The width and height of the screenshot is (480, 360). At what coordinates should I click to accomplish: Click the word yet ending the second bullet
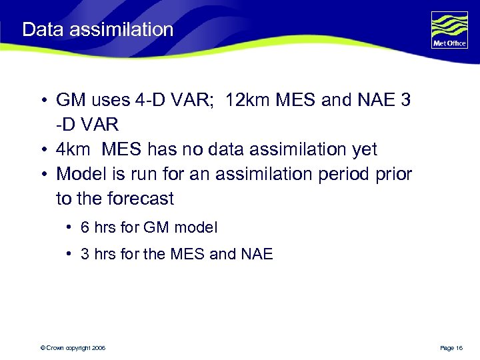click(x=363, y=150)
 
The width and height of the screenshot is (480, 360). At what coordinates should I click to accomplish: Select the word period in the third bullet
click(x=342, y=175)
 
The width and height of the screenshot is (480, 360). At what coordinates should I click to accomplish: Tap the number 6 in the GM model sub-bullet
click(x=85, y=227)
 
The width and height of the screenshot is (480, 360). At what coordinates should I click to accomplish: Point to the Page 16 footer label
click(x=451, y=348)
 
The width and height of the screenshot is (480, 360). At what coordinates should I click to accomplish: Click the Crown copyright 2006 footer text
click(x=73, y=348)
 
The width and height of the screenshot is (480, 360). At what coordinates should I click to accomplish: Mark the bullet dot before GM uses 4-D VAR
click(x=41, y=101)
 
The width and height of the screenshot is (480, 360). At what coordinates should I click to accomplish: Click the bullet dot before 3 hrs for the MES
click(x=70, y=254)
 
